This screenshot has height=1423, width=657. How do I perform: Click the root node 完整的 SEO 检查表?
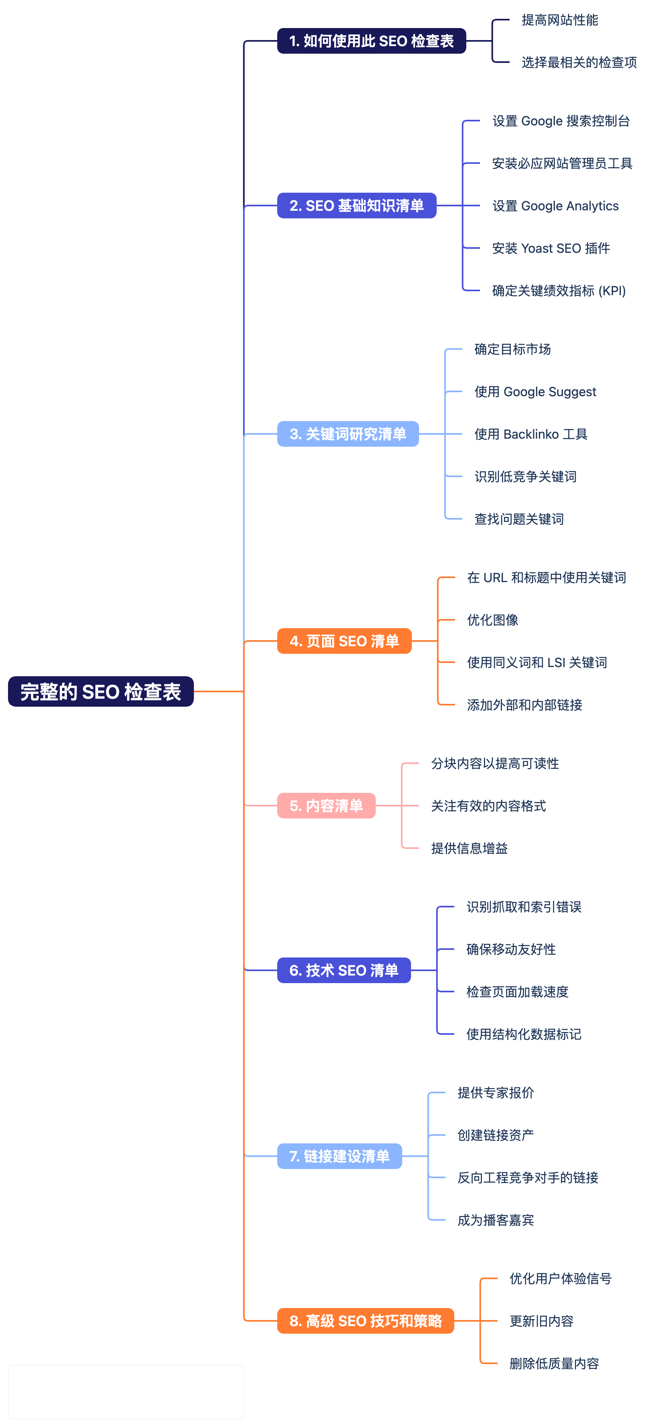click(x=101, y=691)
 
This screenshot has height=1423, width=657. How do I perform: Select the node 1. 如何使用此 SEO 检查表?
click(x=371, y=41)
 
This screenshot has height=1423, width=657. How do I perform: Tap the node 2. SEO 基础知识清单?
click(x=357, y=206)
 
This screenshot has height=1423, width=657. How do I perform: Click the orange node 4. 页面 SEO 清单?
click(x=344, y=641)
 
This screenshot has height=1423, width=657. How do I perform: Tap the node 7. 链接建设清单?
click(x=339, y=1156)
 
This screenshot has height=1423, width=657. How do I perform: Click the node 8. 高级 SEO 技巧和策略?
click(x=365, y=1320)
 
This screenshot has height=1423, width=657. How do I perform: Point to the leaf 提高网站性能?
click(x=559, y=20)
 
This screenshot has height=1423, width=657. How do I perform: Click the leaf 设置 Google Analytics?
click(x=555, y=206)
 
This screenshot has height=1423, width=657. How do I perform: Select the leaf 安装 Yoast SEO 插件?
click(x=550, y=248)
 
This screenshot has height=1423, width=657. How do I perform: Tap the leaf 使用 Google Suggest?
click(x=535, y=392)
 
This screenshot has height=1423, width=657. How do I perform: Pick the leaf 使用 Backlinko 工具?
click(x=530, y=434)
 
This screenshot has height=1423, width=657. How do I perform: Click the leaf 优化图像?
click(x=492, y=620)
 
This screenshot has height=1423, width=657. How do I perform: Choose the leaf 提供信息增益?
click(x=469, y=848)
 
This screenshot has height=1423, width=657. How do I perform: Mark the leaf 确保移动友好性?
click(x=510, y=949)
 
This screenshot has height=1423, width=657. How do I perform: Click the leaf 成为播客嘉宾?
click(x=495, y=1220)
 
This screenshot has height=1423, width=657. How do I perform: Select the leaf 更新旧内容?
click(x=541, y=1321)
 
